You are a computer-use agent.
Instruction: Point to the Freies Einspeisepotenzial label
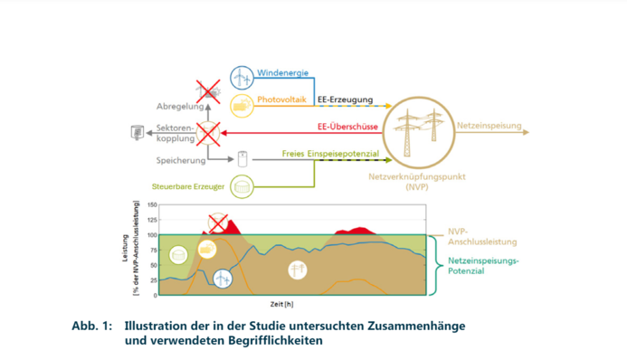point(329,155)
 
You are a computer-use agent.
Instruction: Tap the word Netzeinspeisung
point(489,125)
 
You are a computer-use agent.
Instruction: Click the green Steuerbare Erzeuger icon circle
point(242,186)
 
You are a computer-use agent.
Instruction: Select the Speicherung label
point(180,160)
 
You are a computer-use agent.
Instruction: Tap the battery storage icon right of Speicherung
point(242,159)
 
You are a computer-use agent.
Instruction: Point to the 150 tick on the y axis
point(151,205)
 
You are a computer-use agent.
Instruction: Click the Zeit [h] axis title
point(280,303)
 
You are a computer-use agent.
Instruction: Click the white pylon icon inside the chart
point(297,270)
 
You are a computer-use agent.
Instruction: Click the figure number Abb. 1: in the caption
point(93,325)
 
